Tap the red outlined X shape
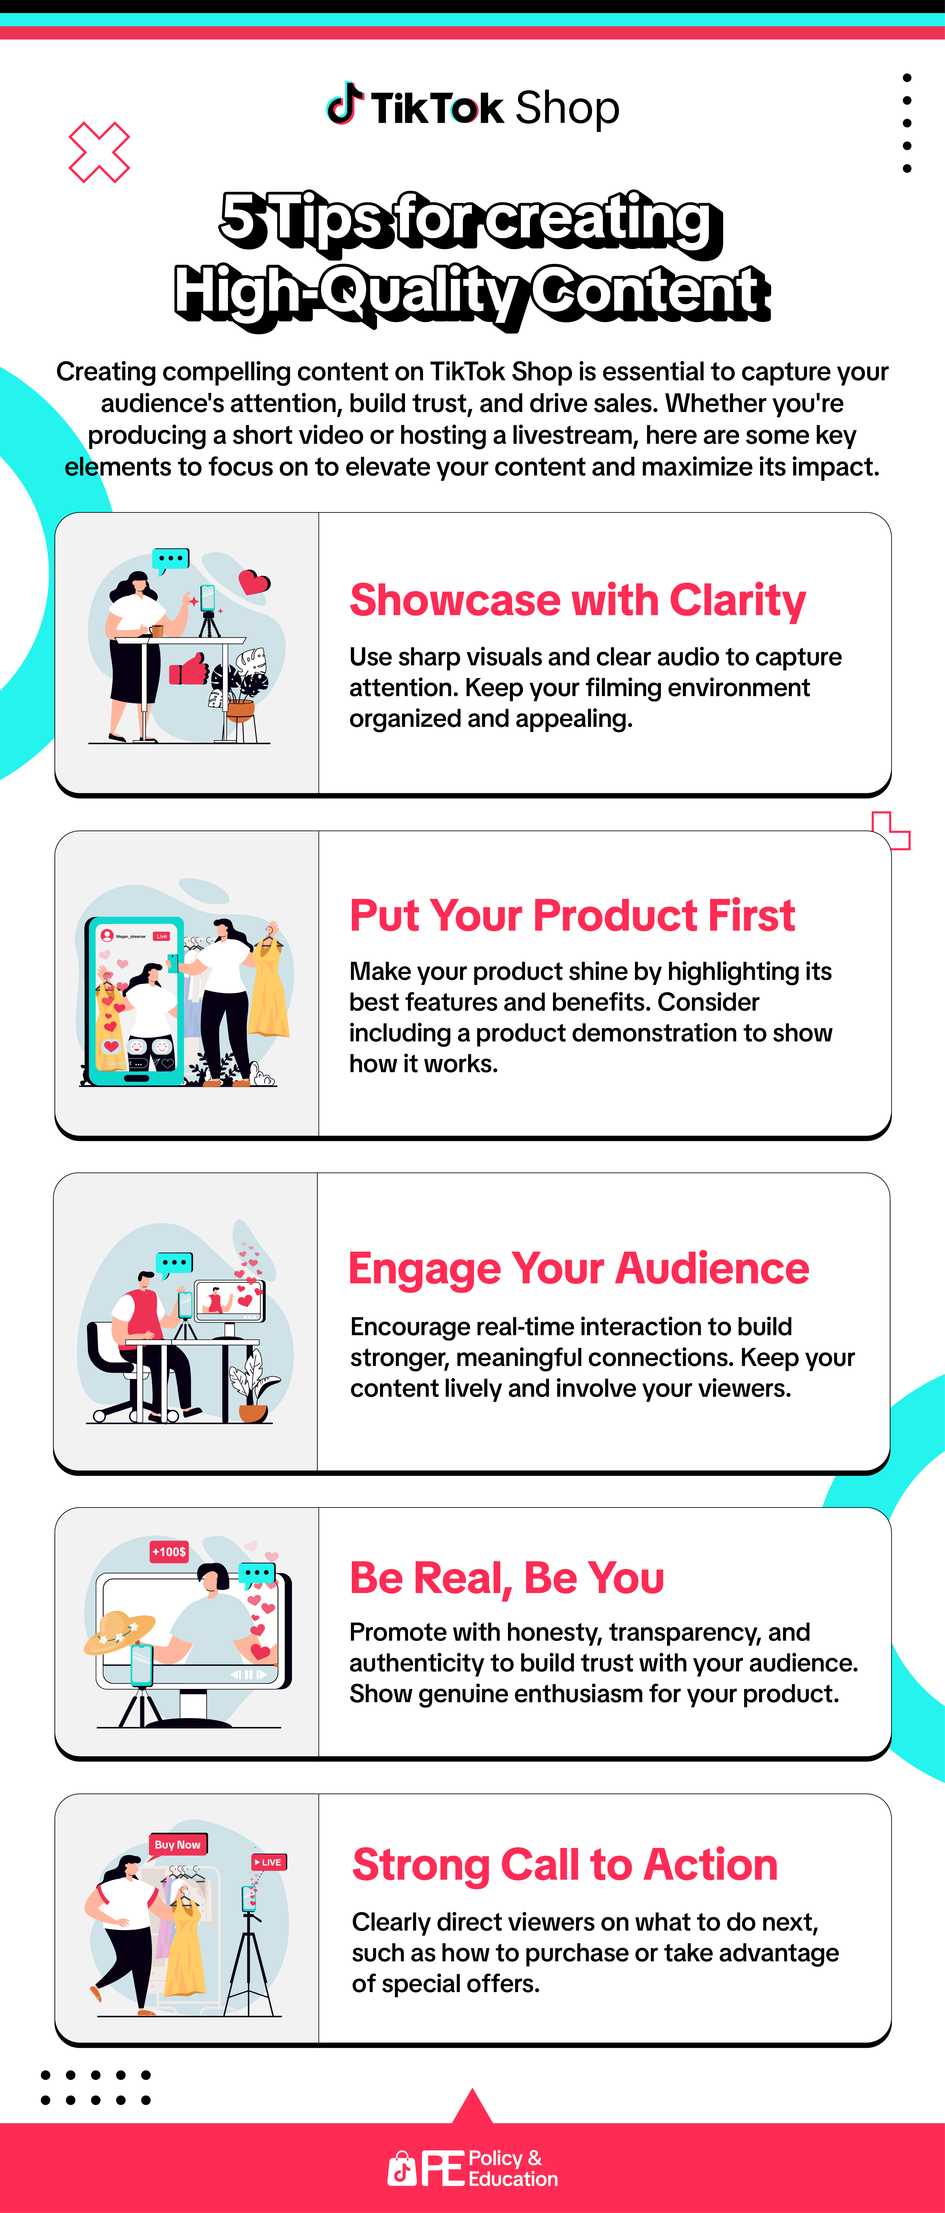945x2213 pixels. [x=99, y=152]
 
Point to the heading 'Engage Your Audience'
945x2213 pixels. [x=578, y=1269]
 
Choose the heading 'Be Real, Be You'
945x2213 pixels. [x=507, y=1578]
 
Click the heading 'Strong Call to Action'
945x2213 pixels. [x=564, y=1865]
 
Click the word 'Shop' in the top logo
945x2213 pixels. [x=567, y=108]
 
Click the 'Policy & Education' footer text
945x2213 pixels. [x=513, y=2168]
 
